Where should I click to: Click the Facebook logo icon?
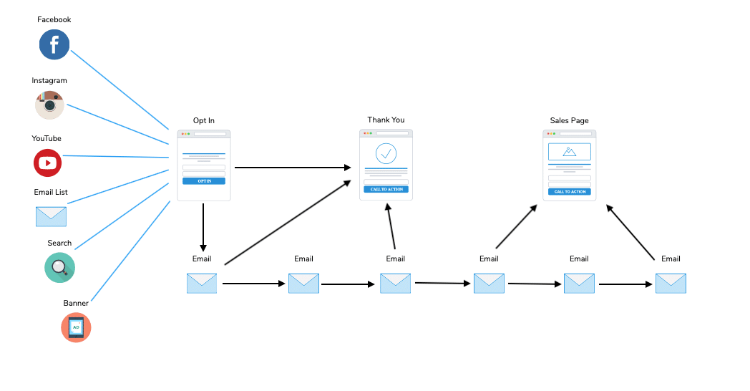pyautogui.click(x=54, y=44)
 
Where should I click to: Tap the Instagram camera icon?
pyautogui.click(x=50, y=105)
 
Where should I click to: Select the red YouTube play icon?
pyautogui.click(x=47, y=163)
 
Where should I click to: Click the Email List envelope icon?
pyautogui.click(x=52, y=217)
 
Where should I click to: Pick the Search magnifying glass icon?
pyautogui.click(x=60, y=268)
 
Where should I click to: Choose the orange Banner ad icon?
pyautogui.click(x=76, y=327)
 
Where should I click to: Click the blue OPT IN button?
pyautogui.click(x=204, y=181)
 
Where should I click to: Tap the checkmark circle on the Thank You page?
pyautogui.click(x=386, y=154)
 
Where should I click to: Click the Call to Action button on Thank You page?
pyautogui.click(x=386, y=189)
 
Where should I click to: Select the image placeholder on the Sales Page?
pyautogui.click(x=569, y=152)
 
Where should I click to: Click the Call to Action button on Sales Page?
pyautogui.click(x=569, y=191)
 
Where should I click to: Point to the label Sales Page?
pyautogui.click(x=569, y=120)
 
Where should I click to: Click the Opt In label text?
pyautogui.click(x=204, y=120)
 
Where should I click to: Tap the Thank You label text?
pyautogui.click(x=386, y=120)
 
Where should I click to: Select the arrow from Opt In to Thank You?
pyautogui.click(x=293, y=168)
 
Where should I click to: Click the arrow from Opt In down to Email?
pyautogui.click(x=203, y=227)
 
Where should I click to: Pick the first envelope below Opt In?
pyautogui.click(x=202, y=284)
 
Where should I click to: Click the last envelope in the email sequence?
pyautogui.click(x=671, y=284)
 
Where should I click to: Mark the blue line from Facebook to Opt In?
pyautogui.click(x=120, y=90)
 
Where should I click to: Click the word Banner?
pyautogui.click(x=76, y=303)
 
